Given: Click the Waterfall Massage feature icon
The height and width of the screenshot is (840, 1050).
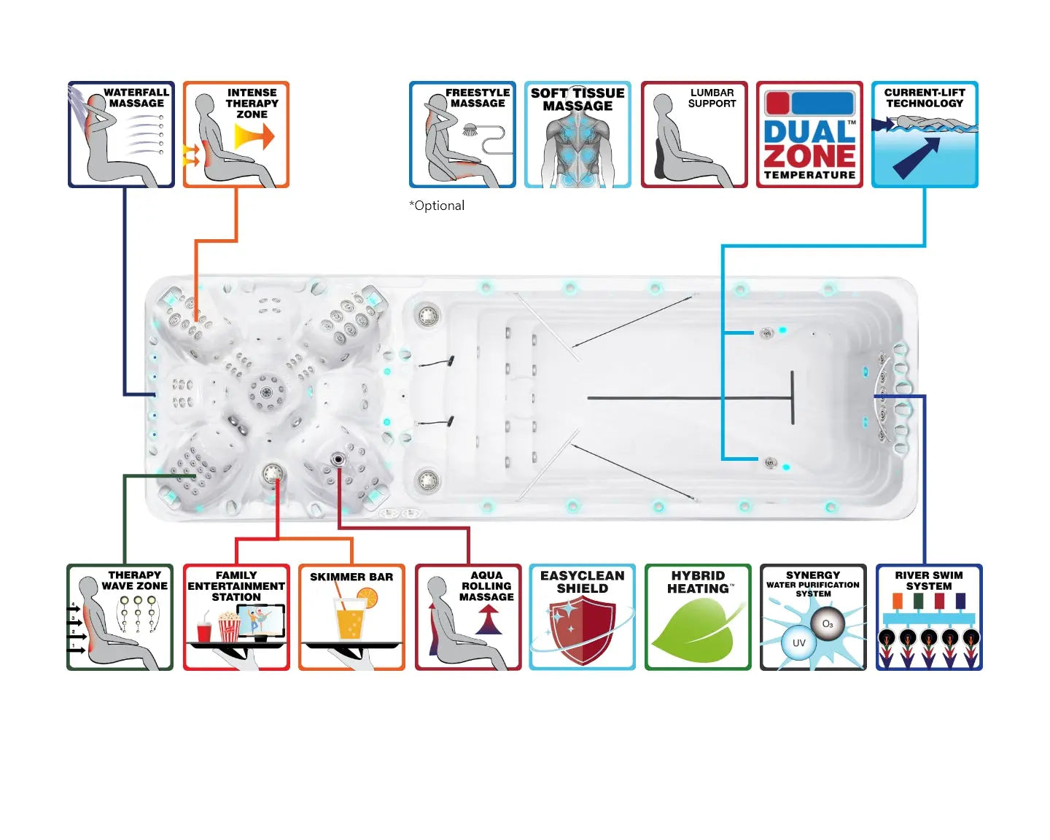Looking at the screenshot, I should point(121,135).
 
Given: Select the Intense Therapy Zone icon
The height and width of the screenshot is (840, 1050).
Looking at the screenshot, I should point(236,135).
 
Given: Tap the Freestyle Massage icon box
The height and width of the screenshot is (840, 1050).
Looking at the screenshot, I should point(462,135).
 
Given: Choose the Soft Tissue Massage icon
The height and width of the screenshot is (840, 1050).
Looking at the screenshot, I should point(577,135).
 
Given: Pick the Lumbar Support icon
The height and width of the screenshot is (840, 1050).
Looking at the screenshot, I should point(694,135).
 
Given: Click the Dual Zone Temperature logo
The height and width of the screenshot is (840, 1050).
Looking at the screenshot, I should point(809,135).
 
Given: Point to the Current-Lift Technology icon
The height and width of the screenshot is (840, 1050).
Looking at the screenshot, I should point(925,135).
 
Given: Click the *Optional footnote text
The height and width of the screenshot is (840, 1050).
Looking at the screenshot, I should point(437,206).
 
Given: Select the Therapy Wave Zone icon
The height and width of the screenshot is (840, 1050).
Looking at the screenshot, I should point(120,617).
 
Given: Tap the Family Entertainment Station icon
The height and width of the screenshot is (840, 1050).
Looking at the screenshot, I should point(236,617).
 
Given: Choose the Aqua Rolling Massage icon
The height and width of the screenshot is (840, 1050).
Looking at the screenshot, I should point(468,617).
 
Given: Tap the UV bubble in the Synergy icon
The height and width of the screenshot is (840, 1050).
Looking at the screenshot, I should point(798,643).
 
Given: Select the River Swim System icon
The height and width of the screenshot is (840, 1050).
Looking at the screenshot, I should point(929,617).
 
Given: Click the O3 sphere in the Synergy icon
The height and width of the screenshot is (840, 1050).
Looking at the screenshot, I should point(828,624).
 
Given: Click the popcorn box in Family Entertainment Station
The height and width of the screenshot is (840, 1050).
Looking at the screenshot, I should point(229,626).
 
